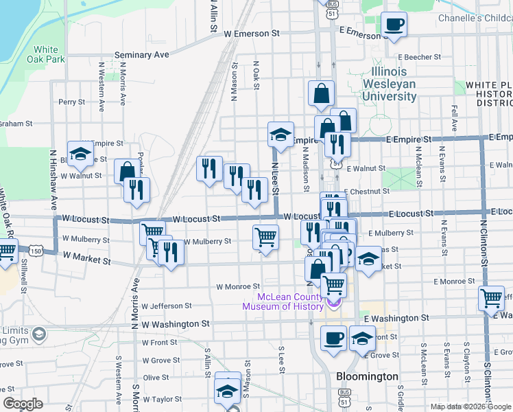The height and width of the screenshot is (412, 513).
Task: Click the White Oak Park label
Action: pos(47,54)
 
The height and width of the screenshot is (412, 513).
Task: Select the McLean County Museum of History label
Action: pos(289,301)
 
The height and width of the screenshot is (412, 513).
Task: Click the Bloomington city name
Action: pos(368,376)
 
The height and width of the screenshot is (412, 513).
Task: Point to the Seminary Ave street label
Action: pos(141,54)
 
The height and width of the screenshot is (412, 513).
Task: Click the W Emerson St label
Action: pos(252,32)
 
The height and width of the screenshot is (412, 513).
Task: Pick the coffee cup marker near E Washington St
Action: pos(334,338)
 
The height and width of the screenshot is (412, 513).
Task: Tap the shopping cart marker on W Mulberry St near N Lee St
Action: pos(265,237)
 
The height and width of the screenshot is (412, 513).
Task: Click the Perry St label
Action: pos(71,102)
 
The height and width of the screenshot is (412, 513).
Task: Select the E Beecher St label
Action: pos(417,57)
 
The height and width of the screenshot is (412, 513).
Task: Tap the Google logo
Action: pos(23,404)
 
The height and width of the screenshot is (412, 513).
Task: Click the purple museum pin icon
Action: pos(334,302)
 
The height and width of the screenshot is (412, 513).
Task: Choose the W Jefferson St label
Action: pos(166,306)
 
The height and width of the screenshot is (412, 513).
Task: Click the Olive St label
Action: pos(156,378)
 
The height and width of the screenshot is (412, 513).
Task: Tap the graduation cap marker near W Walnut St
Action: pos(80,154)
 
